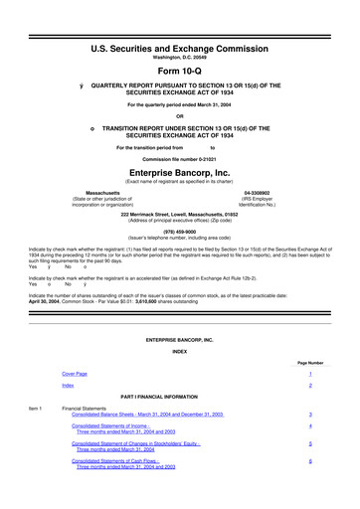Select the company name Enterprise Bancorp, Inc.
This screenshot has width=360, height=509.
(x=179, y=171)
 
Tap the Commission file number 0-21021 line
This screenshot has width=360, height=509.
(x=179, y=159)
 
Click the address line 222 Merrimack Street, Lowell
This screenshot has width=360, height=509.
(x=179, y=213)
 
